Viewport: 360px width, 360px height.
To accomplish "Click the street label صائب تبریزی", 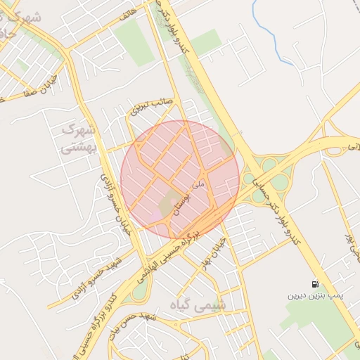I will click(152, 106).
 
